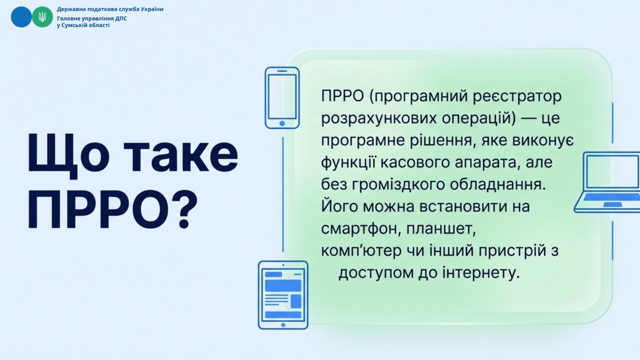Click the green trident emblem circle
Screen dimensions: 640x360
[42, 17]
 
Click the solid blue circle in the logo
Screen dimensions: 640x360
[22, 17]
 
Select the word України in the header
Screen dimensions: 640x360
[152, 9]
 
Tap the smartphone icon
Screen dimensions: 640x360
[282, 98]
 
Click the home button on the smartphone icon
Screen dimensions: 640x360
[282, 124]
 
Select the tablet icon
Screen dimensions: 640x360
[283, 295]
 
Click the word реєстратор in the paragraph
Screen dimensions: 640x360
[517, 96]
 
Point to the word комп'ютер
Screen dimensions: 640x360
[361, 251]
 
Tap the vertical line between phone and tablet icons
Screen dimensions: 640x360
[283, 194]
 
